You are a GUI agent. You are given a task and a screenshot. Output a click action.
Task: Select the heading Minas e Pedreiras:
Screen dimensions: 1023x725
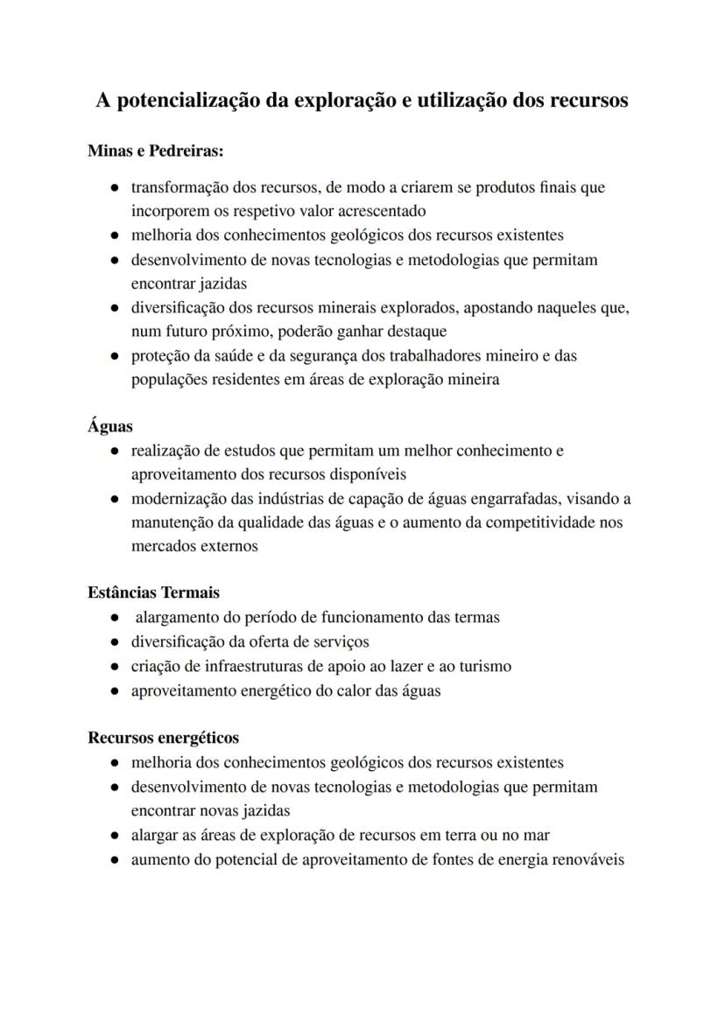pyautogui.click(x=156, y=151)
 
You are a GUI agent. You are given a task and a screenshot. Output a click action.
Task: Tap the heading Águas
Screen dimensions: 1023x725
pyautogui.click(x=110, y=426)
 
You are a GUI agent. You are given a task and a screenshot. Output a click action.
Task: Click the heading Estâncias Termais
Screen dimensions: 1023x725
pyautogui.click(x=153, y=592)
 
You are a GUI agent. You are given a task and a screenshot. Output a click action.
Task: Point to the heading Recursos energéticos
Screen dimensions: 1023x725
pyautogui.click(x=163, y=738)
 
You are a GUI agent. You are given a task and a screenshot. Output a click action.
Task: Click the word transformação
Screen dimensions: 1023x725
pyautogui.click(x=179, y=187)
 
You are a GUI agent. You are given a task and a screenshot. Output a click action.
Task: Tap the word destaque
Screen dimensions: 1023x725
pyautogui.click(x=413, y=332)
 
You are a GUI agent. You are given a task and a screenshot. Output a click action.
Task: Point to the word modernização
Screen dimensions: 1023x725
pyautogui.click(x=179, y=499)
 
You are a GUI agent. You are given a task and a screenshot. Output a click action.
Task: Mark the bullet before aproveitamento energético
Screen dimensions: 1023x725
pyautogui.click(x=115, y=691)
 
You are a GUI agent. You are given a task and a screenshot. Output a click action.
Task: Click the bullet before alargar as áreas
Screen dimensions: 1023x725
pyautogui.click(x=115, y=836)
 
